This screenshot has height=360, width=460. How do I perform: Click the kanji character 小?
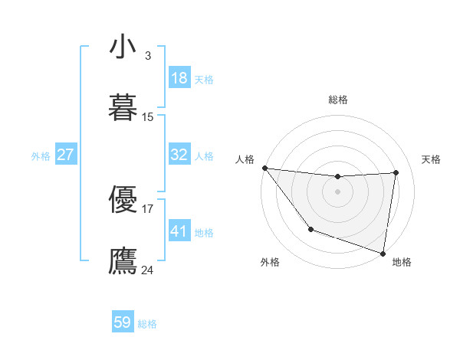123,47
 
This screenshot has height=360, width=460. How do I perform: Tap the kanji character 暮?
123,108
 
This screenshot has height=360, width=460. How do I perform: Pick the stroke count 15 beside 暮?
148,116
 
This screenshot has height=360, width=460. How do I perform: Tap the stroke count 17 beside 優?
148,208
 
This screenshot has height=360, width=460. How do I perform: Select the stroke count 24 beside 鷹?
148,270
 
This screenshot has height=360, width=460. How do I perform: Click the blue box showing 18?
179,78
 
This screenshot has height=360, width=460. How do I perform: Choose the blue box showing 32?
179,155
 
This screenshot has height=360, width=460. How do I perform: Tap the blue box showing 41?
179,231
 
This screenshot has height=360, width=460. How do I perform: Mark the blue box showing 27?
65,155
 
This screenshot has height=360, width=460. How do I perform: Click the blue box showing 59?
123,322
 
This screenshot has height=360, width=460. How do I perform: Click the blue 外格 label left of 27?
41,156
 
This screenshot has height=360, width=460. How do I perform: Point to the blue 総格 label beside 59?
147,324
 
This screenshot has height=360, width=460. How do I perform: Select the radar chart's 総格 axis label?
337,100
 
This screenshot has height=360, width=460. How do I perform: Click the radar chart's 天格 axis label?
431,159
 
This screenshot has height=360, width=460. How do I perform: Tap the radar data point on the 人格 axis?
264,168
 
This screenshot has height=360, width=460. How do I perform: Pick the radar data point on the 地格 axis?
383,253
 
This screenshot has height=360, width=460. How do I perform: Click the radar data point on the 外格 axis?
310,229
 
